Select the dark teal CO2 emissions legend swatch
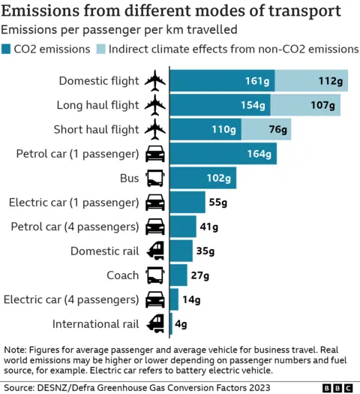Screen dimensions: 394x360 7,49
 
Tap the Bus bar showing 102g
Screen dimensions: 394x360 203,178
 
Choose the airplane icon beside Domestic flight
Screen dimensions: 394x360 155,80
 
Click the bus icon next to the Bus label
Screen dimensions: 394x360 155,179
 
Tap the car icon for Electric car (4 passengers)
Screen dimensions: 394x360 155,300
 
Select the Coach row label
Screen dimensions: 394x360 122,275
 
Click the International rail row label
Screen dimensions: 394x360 95,324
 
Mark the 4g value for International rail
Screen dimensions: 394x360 181,324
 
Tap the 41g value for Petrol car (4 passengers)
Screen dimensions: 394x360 209,227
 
